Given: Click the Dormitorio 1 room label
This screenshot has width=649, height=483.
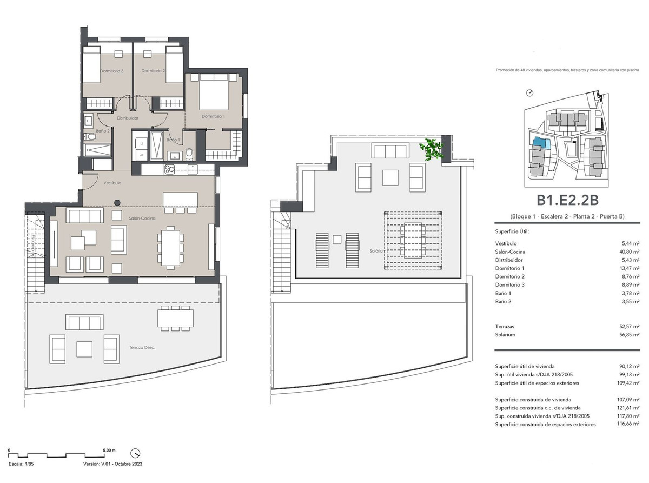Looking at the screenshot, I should (213, 116).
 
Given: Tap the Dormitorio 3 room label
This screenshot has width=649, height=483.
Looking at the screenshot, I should (111, 71).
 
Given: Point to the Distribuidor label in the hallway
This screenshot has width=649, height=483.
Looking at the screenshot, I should (128, 118).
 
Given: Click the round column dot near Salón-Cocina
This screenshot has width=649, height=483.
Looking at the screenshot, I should (116, 203).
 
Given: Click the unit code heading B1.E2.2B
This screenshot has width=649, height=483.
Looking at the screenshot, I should (567, 201).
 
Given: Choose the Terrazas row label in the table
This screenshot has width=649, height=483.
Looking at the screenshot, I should (505, 327).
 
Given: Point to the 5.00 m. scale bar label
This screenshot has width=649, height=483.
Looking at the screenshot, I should (109, 450).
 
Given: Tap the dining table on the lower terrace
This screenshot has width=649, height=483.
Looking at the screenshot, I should (175, 317).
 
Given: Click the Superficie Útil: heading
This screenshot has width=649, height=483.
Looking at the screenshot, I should (512, 231).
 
